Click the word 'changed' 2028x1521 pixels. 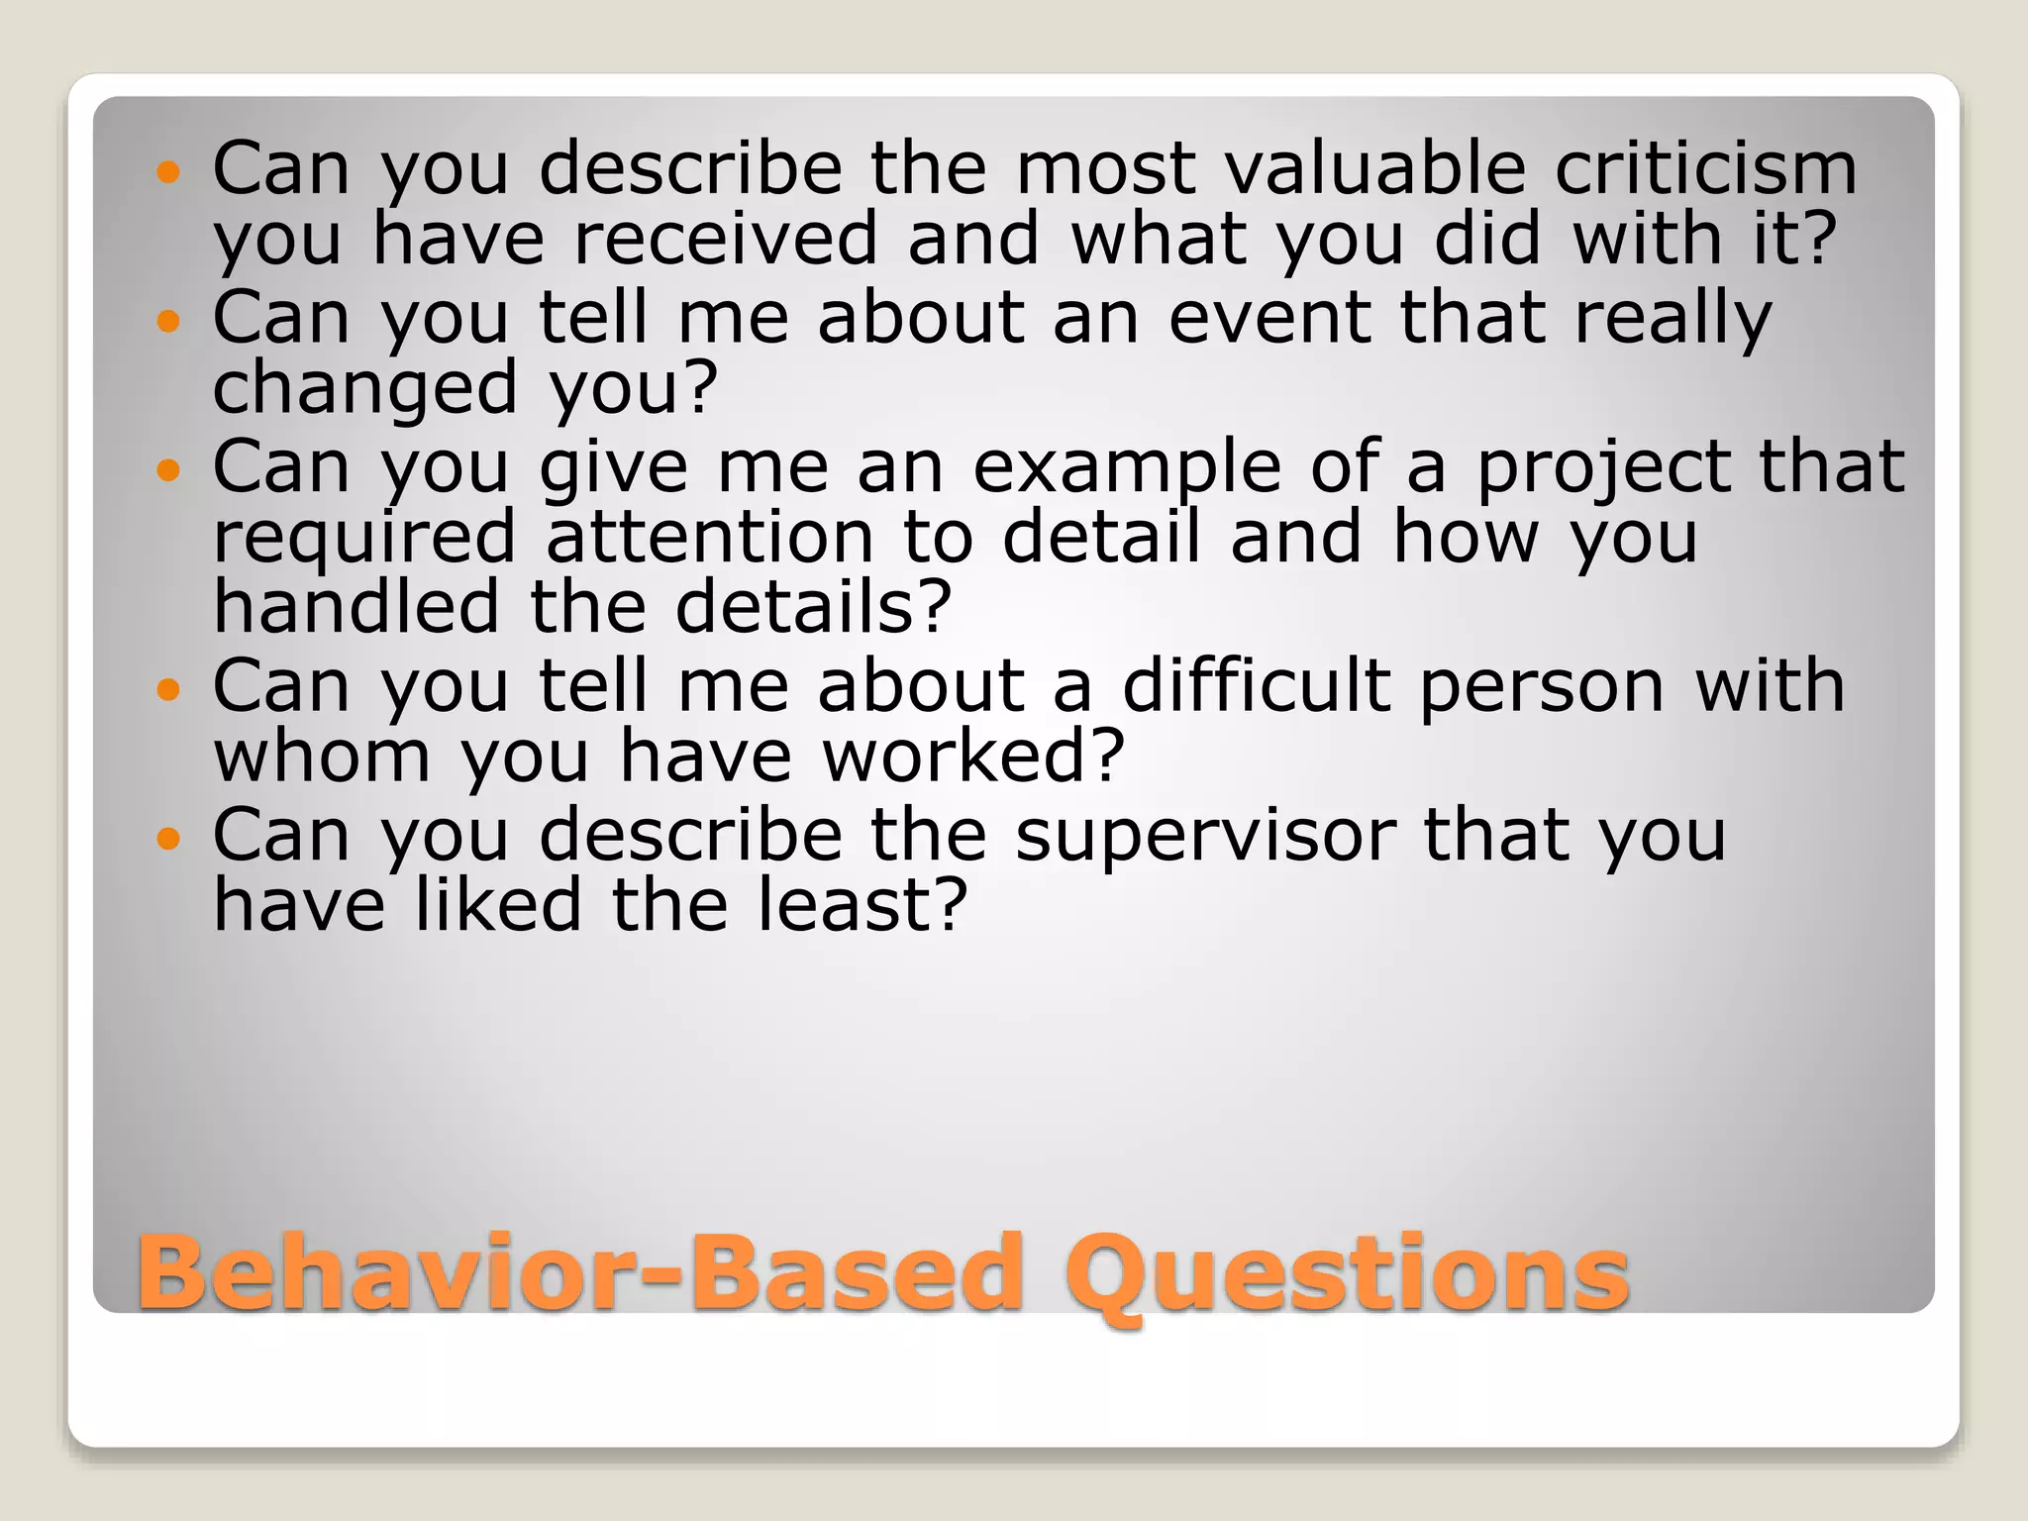[364, 388]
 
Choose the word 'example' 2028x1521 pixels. [1126, 466]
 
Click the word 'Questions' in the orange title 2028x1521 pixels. [1348, 1273]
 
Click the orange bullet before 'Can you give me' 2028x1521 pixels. [169, 469]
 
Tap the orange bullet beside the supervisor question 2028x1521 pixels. [169, 839]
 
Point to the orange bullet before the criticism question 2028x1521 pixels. [169, 172]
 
